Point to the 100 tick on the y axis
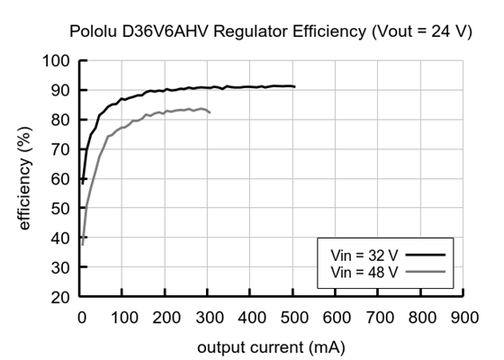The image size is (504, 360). point(58,61)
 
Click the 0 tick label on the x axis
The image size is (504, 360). point(81,317)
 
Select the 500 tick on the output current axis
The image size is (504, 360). point(293,317)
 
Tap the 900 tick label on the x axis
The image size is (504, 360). point(463,317)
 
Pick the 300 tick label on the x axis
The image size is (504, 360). point(209,317)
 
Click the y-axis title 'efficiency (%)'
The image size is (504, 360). point(25,179)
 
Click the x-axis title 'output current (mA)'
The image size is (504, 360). point(272,346)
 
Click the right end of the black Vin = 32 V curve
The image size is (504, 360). point(294,86)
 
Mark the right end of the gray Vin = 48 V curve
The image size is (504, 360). point(210,112)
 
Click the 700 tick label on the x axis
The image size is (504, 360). point(379,317)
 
